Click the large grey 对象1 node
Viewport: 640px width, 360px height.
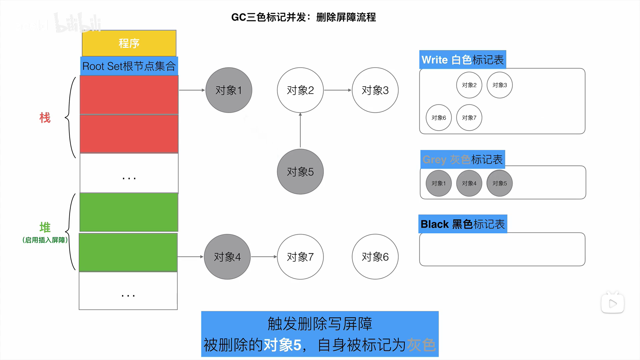pyautogui.click(x=229, y=90)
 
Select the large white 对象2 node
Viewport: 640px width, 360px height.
pyautogui.click(x=300, y=90)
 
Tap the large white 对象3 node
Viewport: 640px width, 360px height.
pyautogui.click(x=375, y=90)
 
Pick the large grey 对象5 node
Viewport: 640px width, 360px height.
pyautogui.click(x=300, y=172)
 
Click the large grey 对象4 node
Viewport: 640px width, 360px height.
pyautogui.click(x=227, y=257)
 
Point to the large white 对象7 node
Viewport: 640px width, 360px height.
pyautogui.click(x=300, y=257)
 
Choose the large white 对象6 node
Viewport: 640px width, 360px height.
pyautogui.click(x=375, y=257)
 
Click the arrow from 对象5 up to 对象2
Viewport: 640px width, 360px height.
pyautogui.click(x=300, y=131)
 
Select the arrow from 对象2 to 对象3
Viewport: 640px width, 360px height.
pyautogui.click(x=338, y=90)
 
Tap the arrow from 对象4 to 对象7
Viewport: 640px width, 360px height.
pyautogui.click(x=264, y=257)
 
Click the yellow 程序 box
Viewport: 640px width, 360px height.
pyautogui.click(x=129, y=43)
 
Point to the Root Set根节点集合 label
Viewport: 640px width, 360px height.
pyautogui.click(x=129, y=66)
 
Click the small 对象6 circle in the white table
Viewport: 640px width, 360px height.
pyautogui.click(x=439, y=118)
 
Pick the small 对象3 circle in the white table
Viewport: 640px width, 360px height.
pyautogui.click(x=500, y=85)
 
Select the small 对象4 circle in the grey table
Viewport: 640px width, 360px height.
pyautogui.click(x=469, y=183)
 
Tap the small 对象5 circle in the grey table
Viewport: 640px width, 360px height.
pyautogui.click(x=500, y=183)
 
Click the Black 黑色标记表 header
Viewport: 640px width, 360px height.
pyautogui.click(x=463, y=224)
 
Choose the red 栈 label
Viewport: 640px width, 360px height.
pyautogui.click(x=45, y=118)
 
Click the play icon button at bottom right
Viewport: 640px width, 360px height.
pyautogui.click(x=613, y=303)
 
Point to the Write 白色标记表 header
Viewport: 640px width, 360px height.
pyautogui.click(x=463, y=60)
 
